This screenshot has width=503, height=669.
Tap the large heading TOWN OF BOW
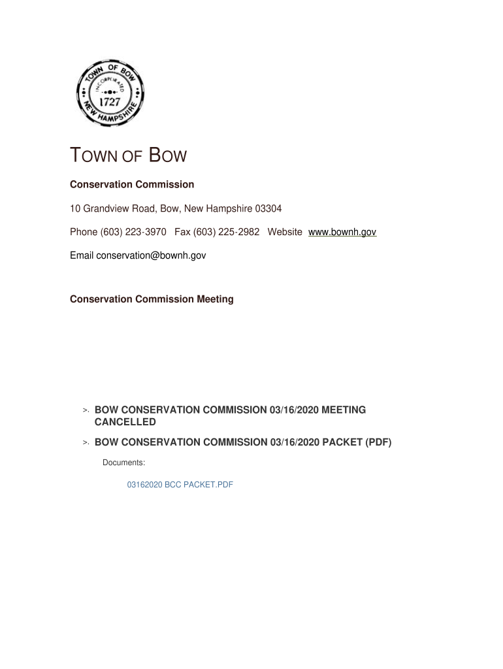coord(128,157)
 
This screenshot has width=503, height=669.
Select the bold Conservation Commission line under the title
coord(132,185)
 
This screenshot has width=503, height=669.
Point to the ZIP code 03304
coord(268,208)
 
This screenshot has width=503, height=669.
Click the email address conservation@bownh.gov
coord(151,255)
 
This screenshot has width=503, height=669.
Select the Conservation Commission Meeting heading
coord(152,299)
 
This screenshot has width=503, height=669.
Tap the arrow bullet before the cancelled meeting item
coord(86,410)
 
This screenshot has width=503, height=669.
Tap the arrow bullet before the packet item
coord(86,443)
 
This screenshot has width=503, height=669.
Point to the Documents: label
coord(123,463)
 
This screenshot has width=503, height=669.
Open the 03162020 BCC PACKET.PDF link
coord(180,485)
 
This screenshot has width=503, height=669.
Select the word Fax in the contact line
coord(182,232)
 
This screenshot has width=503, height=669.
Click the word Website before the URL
coord(285,232)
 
